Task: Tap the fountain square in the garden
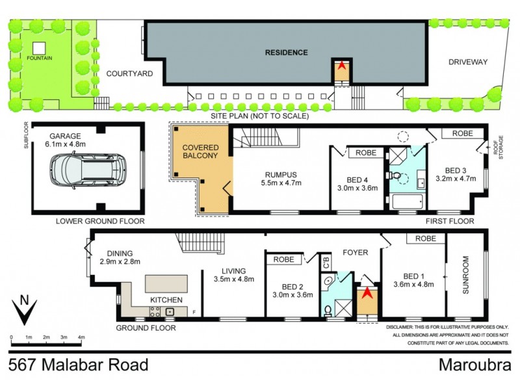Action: click(x=40, y=47)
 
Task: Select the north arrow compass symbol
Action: click(x=23, y=311)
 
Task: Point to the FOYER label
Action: click(x=355, y=252)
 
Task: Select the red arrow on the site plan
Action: click(x=341, y=66)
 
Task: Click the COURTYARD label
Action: click(x=129, y=73)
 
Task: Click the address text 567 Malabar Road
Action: click(x=79, y=365)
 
